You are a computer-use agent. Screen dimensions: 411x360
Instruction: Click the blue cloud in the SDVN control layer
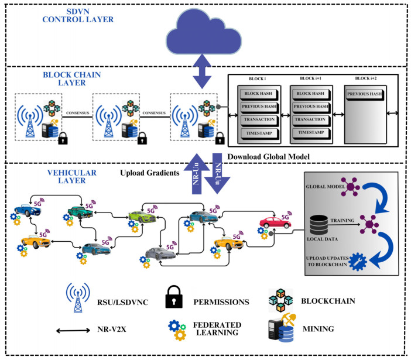pyautogui.click(x=203, y=33)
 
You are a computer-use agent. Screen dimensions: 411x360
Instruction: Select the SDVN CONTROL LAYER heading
pyautogui.click(x=78, y=15)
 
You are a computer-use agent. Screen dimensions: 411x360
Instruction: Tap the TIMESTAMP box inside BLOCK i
pyautogui.click(x=259, y=133)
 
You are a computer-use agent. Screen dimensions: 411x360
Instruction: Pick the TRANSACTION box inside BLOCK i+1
pyautogui.click(x=310, y=119)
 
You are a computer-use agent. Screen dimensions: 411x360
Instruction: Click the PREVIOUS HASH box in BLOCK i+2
pyautogui.click(x=365, y=94)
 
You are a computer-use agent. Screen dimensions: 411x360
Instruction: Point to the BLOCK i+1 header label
pyautogui.click(x=311, y=78)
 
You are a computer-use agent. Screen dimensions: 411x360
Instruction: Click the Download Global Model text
pyautogui.click(x=268, y=157)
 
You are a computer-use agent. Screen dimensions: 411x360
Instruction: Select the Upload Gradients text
pyautogui.click(x=150, y=173)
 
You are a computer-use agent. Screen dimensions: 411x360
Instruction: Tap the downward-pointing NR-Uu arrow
pyautogui.click(x=217, y=173)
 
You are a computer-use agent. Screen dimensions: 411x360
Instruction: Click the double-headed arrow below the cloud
pyautogui.click(x=202, y=71)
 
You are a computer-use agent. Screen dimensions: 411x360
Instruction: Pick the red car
pyautogui.click(x=275, y=222)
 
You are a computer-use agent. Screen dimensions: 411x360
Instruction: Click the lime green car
pyautogui.click(x=142, y=217)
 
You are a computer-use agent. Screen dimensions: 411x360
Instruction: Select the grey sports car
pyautogui.click(x=160, y=253)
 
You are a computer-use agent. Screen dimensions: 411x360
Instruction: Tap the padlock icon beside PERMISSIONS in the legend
pyautogui.click(x=174, y=297)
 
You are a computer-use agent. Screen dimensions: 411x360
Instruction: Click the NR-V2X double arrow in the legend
pyautogui.click(x=73, y=331)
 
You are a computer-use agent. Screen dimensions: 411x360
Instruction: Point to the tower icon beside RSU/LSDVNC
pyautogui.click(x=78, y=297)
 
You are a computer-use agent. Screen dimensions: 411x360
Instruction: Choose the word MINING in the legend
pyautogui.click(x=318, y=329)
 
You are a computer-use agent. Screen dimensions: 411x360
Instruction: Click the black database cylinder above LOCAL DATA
pyautogui.click(x=318, y=225)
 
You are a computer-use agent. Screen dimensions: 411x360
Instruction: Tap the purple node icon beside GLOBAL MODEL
pyautogui.click(x=351, y=187)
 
